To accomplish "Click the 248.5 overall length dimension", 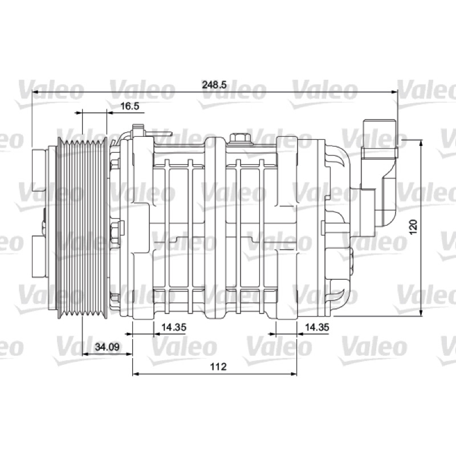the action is [x=214, y=84].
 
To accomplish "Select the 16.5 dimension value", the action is [x=130, y=106].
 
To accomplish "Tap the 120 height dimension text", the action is [x=413, y=227].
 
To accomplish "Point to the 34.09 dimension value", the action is [x=107, y=347].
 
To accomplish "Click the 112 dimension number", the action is [x=218, y=367].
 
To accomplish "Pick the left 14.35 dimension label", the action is [x=174, y=327].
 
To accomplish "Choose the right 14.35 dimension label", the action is [x=317, y=327].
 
